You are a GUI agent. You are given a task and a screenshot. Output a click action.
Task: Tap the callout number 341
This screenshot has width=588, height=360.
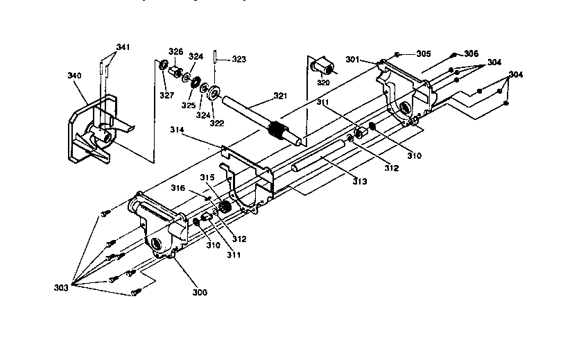tap(123, 47)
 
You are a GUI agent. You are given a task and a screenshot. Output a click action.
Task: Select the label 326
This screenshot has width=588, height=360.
tap(176, 51)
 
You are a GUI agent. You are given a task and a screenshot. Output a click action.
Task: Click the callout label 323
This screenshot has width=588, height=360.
tap(239, 60)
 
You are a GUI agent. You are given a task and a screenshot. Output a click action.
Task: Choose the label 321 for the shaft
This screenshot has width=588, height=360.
tap(279, 96)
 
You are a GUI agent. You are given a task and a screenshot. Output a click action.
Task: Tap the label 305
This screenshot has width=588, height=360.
tap(423, 53)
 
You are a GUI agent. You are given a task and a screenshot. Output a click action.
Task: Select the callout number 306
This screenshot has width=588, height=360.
tap(471, 53)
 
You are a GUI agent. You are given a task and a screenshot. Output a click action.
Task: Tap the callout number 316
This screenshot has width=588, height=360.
tap(178, 188)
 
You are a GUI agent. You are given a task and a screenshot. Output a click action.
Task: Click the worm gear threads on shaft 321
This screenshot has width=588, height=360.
tap(277, 130)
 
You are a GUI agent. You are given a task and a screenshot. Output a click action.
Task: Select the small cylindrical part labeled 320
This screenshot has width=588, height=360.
tap(322, 68)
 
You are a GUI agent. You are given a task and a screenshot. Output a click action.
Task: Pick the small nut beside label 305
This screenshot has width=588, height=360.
tap(396, 54)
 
